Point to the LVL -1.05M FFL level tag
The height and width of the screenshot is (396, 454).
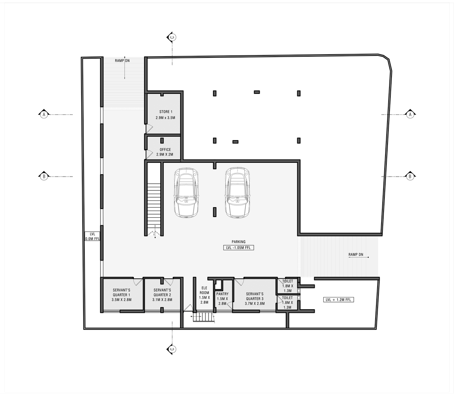pyautogui.click(x=238, y=248)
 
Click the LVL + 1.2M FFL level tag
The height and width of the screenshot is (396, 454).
pyautogui.click(x=338, y=300)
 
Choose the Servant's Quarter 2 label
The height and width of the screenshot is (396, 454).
pyautogui.click(x=162, y=295)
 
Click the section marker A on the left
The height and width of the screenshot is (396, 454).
pyautogui.click(x=44, y=114)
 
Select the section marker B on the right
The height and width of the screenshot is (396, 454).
pyautogui.click(x=410, y=176)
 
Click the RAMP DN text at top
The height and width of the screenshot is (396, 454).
pyautogui.click(x=122, y=61)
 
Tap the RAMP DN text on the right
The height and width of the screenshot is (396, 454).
pyautogui.click(x=356, y=255)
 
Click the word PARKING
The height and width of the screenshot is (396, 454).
pyautogui.click(x=239, y=242)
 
